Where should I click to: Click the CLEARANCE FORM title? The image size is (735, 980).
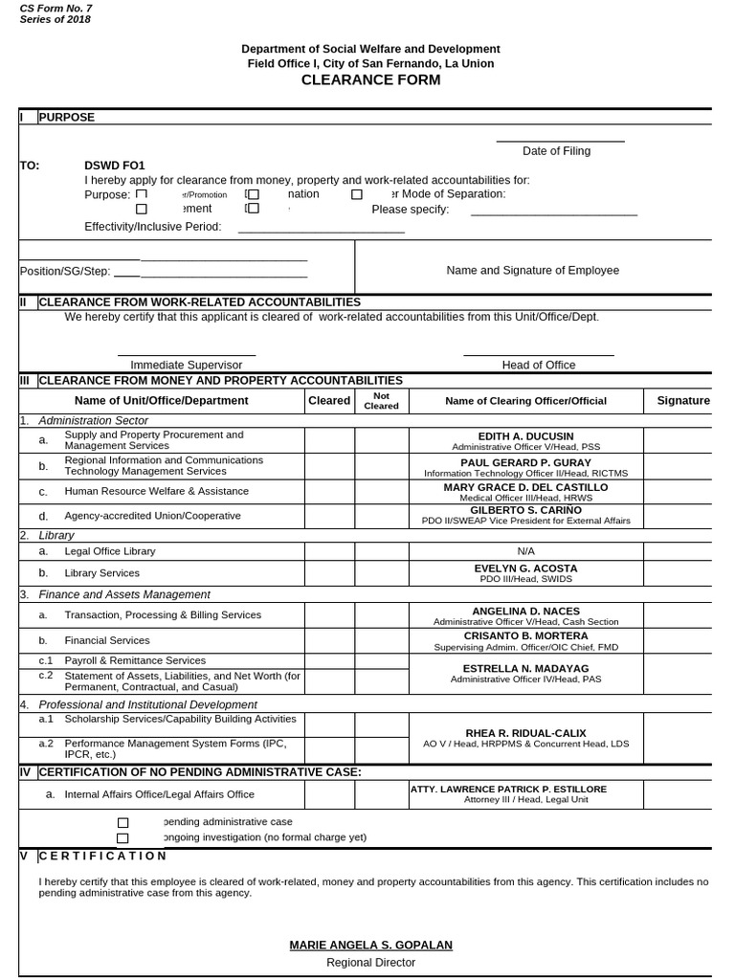click(370, 80)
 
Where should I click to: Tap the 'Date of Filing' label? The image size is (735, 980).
click(556, 151)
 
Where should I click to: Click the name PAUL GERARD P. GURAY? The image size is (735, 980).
click(525, 462)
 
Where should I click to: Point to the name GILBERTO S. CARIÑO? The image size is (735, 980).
click(525, 510)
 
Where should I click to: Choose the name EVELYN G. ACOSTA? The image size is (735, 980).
click(525, 568)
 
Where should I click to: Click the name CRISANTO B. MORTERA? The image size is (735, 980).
click(525, 636)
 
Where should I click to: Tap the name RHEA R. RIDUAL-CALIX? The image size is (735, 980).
click(525, 732)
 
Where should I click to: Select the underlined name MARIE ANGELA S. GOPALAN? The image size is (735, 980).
click(370, 946)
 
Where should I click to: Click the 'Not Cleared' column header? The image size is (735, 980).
click(381, 400)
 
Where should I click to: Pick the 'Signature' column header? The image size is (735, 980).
click(683, 400)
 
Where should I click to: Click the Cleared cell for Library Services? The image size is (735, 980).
click(329, 573)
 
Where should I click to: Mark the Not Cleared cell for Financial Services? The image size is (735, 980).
click(381, 640)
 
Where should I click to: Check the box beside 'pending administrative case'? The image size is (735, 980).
click(122, 822)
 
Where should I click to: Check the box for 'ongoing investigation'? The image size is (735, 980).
click(122, 837)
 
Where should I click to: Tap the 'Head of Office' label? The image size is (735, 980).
click(539, 365)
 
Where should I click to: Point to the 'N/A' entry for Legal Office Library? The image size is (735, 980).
click(525, 551)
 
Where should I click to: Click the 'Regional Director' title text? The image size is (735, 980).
click(370, 963)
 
